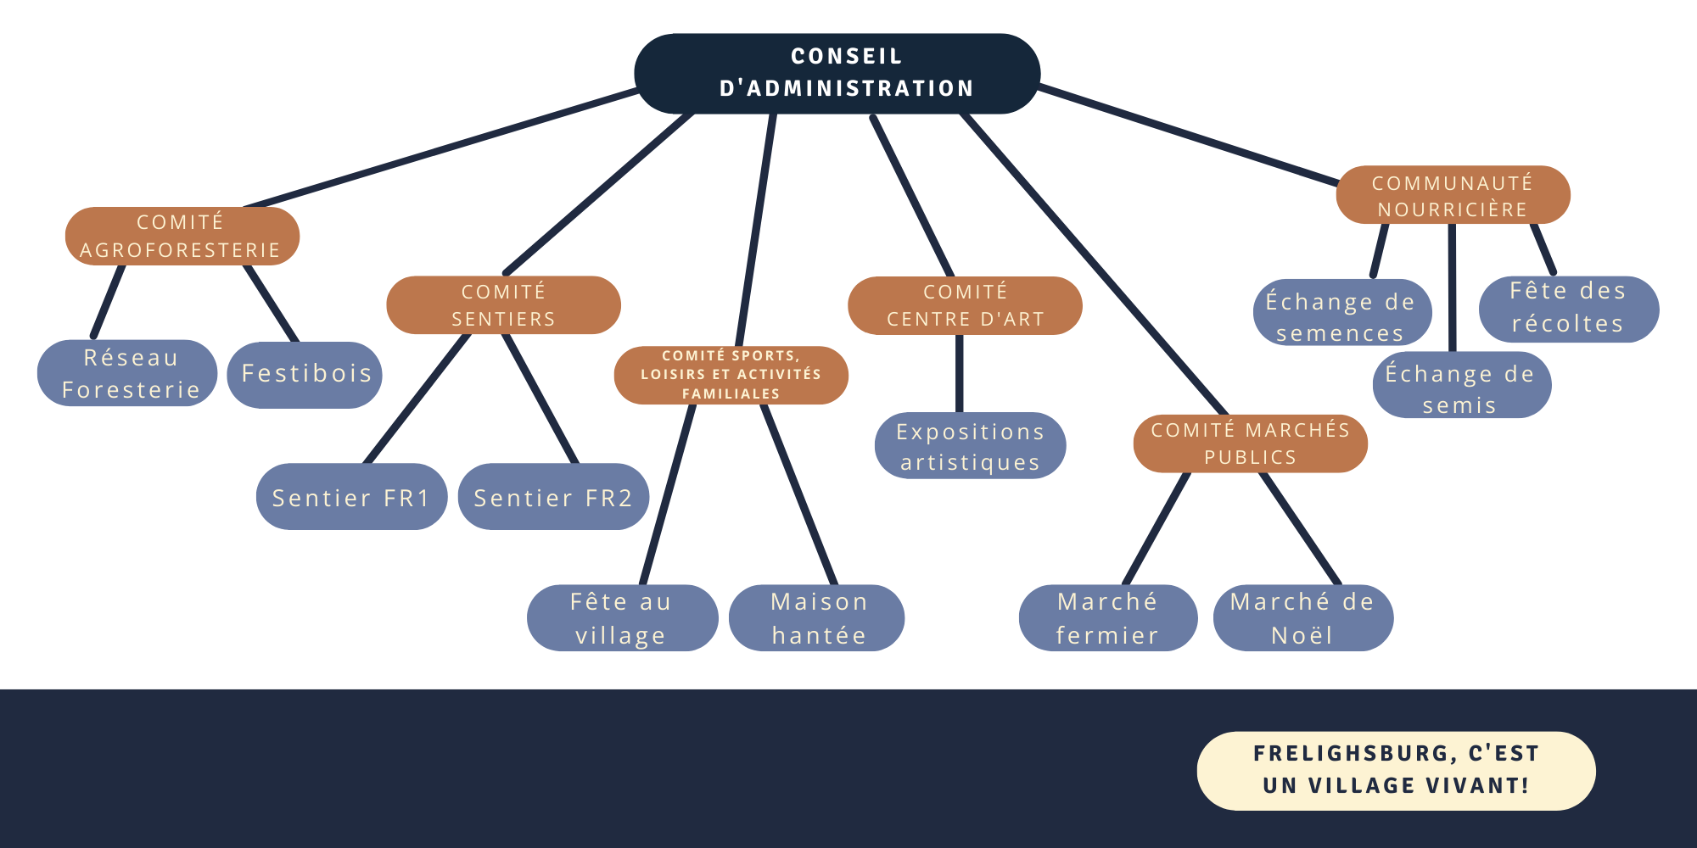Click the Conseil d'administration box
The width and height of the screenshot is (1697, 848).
pos(837,73)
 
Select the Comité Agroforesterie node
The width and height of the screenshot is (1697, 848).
pos(182,236)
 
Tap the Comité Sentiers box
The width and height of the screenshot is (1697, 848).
pos(503,304)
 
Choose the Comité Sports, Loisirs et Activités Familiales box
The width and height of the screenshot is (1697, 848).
pos(731,375)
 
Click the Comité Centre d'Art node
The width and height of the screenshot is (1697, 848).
pos(965,305)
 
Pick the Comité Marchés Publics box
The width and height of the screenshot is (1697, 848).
pos(1250,444)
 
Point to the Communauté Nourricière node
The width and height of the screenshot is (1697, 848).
pos(1453,195)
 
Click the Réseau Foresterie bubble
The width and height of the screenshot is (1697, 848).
pos(128,373)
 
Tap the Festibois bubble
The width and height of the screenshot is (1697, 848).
pos(305,374)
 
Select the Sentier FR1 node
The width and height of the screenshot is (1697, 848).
pos(351,497)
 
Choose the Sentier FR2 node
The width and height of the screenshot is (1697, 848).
pos(553,497)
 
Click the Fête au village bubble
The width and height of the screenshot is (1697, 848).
pos(621,618)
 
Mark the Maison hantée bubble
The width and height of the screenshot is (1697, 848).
pos(818,618)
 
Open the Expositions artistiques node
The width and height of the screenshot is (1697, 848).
pos(970,446)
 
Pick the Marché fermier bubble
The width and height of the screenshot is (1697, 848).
pos(1107,618)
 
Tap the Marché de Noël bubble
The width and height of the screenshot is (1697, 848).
pos(1302,618)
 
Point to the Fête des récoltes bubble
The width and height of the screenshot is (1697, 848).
pos(1568,308)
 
